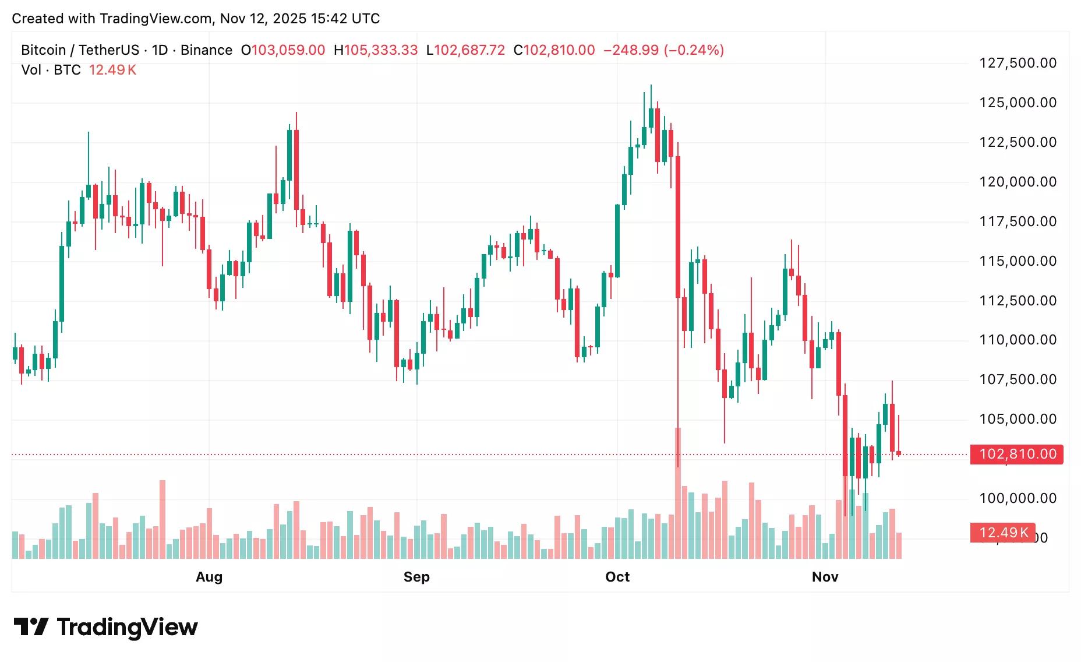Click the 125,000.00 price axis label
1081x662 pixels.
coord(1018,103)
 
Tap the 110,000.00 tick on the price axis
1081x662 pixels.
coord(1018,340)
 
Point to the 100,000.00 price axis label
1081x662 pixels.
coord(1018,498)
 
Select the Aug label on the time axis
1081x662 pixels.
coord(209,577)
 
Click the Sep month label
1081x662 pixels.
coord(416,577)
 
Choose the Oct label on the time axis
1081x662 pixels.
coord(617,577)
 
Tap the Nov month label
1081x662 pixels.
coord(825,577)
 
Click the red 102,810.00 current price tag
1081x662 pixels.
coord(1017,454)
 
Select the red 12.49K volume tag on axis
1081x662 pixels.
coord(1002,532)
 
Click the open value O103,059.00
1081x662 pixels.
coord(283,50)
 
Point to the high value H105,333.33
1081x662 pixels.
coord(376,50)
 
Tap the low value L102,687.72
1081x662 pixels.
coord(465,50)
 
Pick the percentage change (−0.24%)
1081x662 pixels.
coord(694,50)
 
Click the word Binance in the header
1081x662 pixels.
coord(206,50)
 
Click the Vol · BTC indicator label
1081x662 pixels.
coord(51,70)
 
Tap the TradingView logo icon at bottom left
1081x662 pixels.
coord(30,627)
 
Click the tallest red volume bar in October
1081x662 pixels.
coord(678,492)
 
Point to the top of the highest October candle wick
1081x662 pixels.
coord(651,86)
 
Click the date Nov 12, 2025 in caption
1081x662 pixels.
coord(263,19)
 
